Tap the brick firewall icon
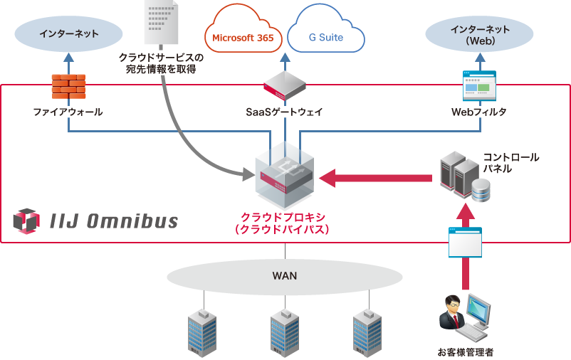coord(68,86)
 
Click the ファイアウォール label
coord(68,112)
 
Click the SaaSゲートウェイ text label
coord(285,112)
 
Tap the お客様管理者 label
coord(465,351)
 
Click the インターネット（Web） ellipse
coord(478,34)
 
